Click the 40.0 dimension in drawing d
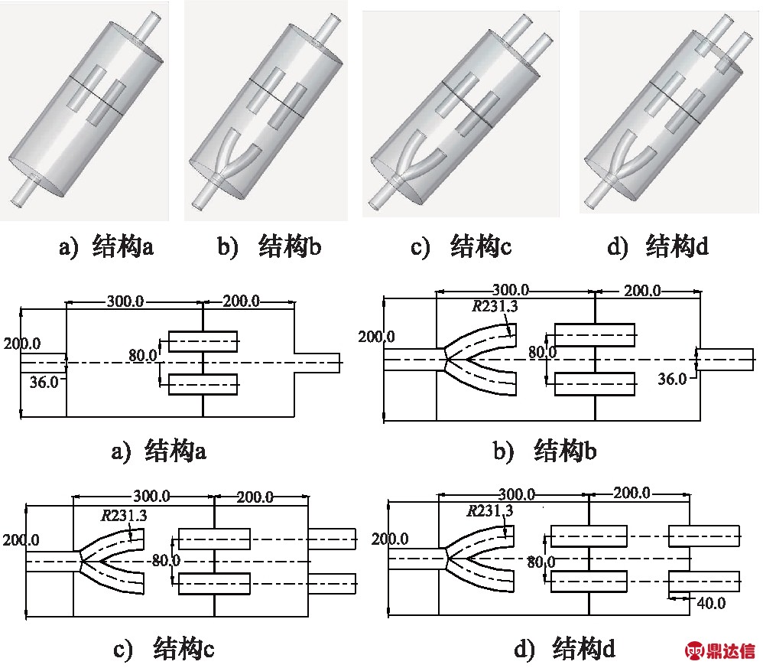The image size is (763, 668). tap(711, 603)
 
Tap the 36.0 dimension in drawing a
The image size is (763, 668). tap(44, 382)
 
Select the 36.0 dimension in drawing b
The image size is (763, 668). tap(672, 378)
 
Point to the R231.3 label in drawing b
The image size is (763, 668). tap(495, 306)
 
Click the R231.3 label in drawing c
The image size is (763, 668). tap(124, 515)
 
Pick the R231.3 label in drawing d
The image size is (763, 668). tap(489, 510)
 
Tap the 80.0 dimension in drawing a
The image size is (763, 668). tap(142, 355)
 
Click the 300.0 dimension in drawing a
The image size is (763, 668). tap(125, 301)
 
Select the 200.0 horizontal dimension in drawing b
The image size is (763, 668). tap(642, 291)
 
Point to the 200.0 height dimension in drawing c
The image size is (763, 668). tap(21, 540)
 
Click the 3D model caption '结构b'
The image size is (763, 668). tap(290, 246)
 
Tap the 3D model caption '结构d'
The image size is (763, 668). tap(677, 246)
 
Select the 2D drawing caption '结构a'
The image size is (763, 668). tap(175, 451)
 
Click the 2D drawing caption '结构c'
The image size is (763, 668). tap(183, 648)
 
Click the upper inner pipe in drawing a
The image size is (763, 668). tap(203, 341)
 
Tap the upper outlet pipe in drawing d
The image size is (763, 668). tap(704, 536)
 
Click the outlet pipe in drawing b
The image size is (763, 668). tap(725, 360)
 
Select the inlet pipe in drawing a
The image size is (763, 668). tap(44, 363)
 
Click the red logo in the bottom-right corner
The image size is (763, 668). tap(720, 650)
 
